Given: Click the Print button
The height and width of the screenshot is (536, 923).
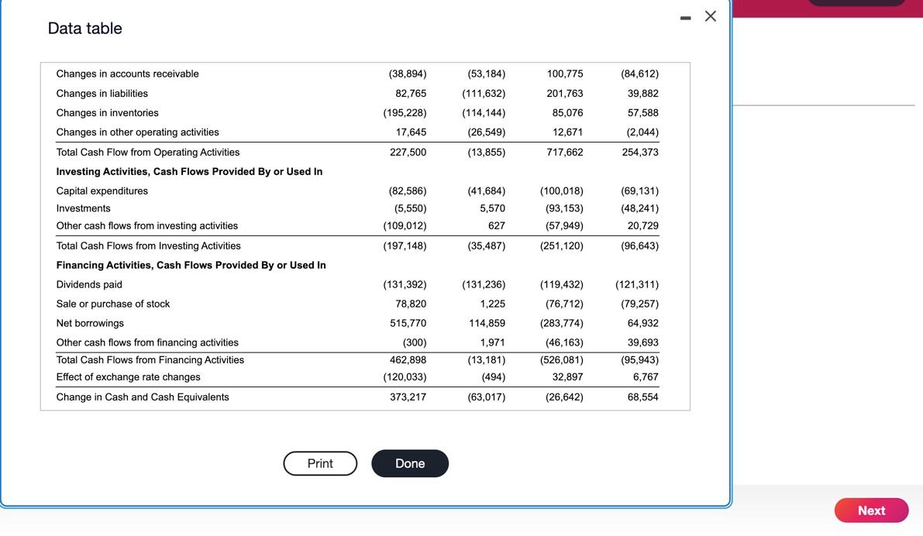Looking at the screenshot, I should (320, 463).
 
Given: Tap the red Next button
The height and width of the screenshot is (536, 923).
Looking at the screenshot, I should (871, 510).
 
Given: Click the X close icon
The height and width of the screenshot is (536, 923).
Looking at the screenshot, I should (711, 16).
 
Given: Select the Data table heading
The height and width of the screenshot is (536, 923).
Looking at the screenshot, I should (85, 29).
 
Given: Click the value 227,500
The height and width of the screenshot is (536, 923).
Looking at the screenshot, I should (408, 153).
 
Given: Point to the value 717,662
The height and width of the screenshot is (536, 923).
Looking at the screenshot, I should (565, 153).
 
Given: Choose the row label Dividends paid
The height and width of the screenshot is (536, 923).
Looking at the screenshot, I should (89, 285).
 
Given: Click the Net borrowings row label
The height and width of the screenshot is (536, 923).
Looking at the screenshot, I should (90, 324).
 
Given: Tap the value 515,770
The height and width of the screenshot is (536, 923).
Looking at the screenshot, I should (408, 324).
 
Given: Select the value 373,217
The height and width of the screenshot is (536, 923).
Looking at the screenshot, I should (408, 397).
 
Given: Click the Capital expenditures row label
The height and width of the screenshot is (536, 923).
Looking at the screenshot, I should (102, 191).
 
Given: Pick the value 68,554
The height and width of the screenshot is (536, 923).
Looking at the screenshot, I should (643, 397).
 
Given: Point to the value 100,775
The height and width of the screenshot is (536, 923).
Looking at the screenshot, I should (565, 74).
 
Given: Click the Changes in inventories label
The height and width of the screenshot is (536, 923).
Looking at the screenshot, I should (107, 113).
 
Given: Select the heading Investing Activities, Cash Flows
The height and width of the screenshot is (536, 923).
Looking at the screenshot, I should (189, 172).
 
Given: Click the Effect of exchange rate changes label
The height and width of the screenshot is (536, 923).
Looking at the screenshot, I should (128, 377).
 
